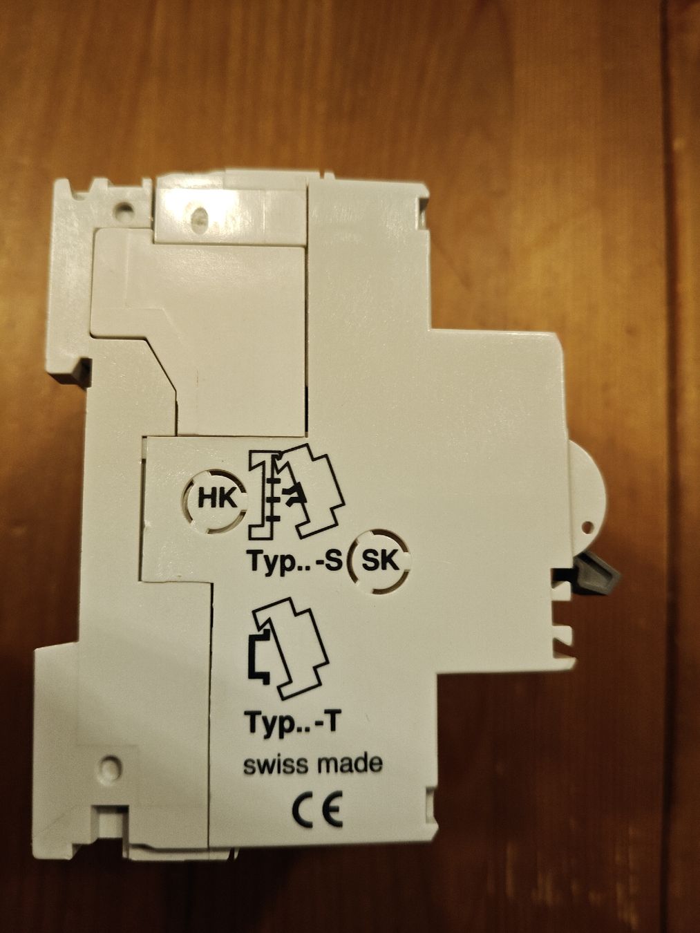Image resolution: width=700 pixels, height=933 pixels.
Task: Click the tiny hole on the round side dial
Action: pos(588,528)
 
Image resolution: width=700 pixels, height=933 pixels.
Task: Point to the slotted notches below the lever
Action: pos(565,632)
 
